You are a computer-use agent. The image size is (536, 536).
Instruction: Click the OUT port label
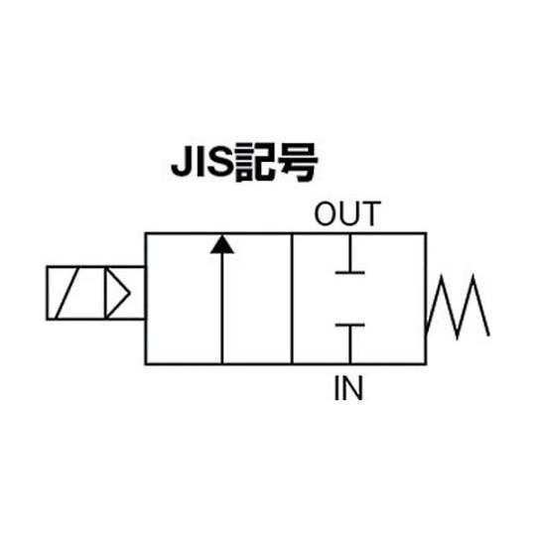(347, 213)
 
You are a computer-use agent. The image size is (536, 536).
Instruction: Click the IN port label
(348, 388)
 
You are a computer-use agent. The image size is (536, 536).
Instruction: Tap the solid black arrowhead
(222, 244)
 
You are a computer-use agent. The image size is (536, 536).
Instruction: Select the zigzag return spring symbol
(458, 307)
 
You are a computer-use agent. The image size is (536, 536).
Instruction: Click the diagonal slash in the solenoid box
(67, 293)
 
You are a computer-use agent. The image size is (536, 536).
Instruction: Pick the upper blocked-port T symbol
(350, 254)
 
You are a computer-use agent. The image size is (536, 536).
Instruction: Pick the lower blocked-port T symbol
(350, 343)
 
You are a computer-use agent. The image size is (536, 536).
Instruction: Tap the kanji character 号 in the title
(298, 163)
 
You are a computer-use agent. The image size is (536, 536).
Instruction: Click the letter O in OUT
(326, 213)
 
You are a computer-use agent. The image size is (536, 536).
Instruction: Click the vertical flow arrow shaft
(222, 309)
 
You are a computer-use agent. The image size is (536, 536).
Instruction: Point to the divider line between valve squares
(292, 299)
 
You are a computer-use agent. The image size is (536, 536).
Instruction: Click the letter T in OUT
(371, 213)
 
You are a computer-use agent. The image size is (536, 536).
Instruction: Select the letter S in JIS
(220, 161)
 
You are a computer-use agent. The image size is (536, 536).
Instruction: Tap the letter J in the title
(183, 161)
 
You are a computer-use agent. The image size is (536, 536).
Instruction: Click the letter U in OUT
(349, 214)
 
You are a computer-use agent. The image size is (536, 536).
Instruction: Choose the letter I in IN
(336, 388)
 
